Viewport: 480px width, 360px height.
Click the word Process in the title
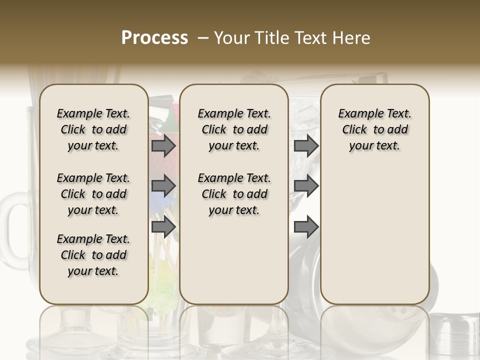(x=154, y=38)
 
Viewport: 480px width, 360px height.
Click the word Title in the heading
(x=272, y=38)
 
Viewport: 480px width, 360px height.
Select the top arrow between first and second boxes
(x=163, y=146)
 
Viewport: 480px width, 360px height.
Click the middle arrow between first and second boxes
(x=163, y=186)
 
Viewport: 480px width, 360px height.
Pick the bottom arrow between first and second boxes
(x=163, y=227)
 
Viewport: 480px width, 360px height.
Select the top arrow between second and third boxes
(x=306, y=146)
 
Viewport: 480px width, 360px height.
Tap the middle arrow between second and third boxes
(x=306, y=186)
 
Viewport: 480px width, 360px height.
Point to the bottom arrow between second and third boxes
(x=306, y=227)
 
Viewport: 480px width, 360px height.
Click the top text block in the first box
(x=93, y=129)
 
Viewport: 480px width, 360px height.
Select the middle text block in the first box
(x=93, y=194)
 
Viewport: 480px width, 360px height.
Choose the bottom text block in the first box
(x=93, y=255)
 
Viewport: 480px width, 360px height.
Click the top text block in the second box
(x=234, y=129)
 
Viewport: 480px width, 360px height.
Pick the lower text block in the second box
(x=234, y=194)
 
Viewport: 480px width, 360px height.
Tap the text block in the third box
(x=375, y=129)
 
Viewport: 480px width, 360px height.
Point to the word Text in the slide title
(x=311, y=38)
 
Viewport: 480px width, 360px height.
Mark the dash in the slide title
(x=203, y=38)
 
